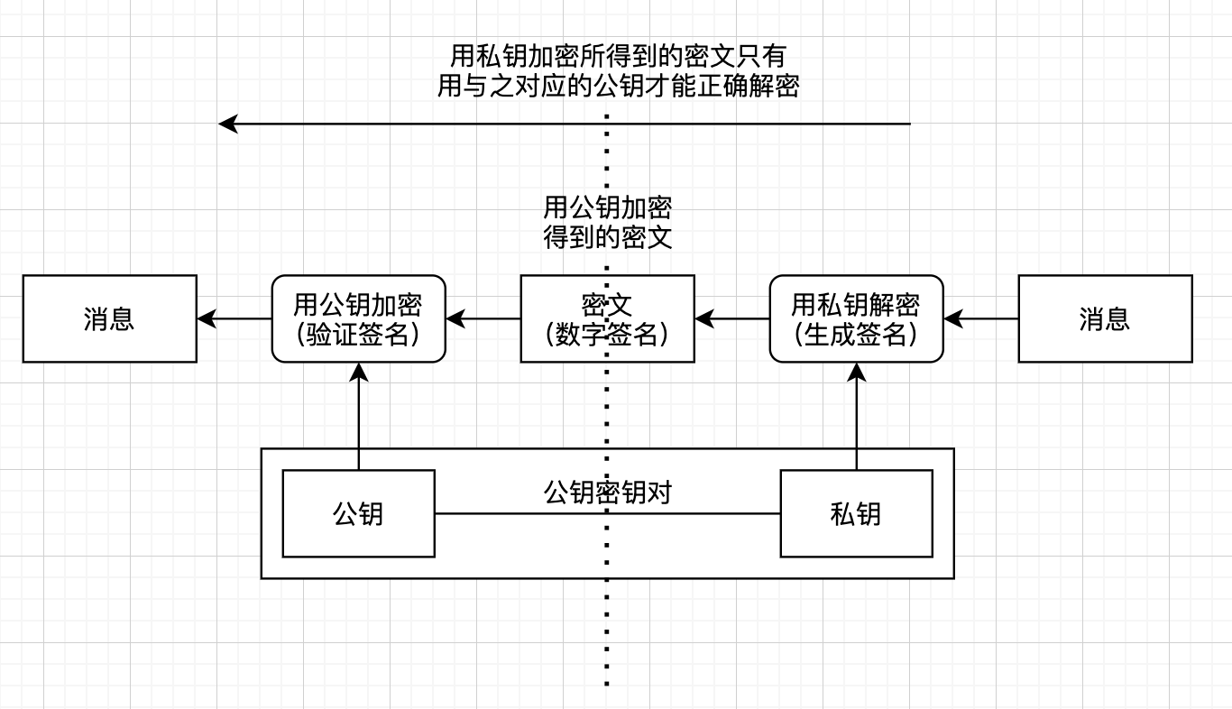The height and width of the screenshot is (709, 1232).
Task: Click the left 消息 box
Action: coord(109,318)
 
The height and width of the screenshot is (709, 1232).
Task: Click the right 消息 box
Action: coord(1105,318)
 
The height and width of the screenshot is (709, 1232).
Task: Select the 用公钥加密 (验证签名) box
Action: coord(359,318)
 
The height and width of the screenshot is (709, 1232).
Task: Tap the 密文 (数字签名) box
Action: coord(607,318)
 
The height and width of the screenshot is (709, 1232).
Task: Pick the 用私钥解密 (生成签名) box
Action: coord(856,318)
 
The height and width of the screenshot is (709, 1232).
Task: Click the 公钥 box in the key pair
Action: coord(358,513)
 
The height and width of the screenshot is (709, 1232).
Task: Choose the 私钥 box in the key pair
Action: coord(856,513)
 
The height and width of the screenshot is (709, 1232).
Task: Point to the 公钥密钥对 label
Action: coord(607,493)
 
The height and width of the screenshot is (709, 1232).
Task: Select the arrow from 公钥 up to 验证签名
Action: coord(359,415)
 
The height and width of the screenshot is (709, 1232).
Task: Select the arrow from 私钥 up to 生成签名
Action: coord(856,415)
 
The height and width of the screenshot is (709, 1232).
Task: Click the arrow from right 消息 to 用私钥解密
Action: coord(981,318)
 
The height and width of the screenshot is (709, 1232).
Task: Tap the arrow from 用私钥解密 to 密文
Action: coord(732,318)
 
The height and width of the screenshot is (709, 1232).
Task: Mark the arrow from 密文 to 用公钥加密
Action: coord(483,318)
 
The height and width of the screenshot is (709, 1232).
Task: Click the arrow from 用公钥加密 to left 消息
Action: coord(234,318)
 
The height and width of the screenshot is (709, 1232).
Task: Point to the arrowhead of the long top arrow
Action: coord(227,124)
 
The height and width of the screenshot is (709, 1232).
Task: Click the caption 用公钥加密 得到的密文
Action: coord(607,223)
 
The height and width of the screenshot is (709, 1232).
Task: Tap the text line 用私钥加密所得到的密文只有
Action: coord(618,56)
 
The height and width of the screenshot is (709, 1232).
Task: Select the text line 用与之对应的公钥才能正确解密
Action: coord(618,86)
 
